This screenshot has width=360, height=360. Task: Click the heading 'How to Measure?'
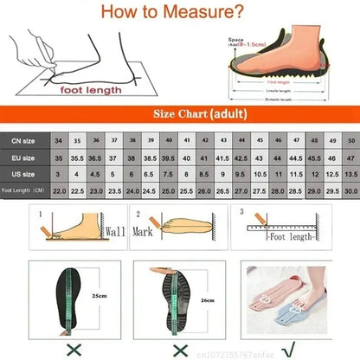point(180,12)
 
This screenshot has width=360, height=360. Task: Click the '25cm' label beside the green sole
point(101,293)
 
